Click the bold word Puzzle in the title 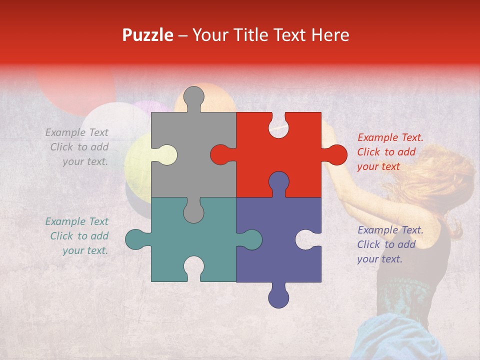pos(148,35)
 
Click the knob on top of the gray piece pos(193,98)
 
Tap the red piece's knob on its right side pos(335,154)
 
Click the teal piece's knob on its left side pos(136,239)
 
